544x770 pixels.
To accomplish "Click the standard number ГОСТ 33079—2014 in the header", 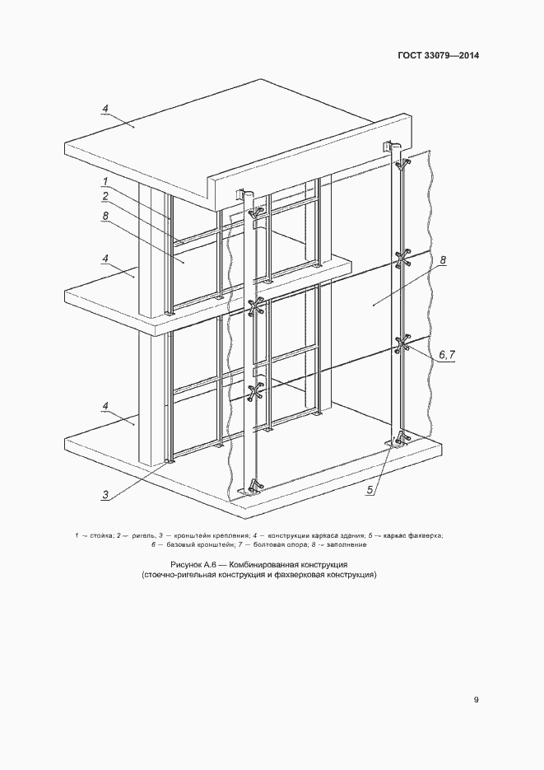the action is (438, 55).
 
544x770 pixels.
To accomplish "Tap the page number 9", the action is (476, 700).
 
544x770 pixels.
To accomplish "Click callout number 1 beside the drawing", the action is (105, 182).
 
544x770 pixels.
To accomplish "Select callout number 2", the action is (105, 197).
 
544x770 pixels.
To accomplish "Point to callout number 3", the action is (105, 495).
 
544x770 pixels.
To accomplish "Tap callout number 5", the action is (371, 489).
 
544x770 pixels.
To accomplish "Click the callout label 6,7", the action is (446, 355).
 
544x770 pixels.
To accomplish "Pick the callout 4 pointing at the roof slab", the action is (105, 109).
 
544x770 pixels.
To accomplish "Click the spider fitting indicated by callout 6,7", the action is (402, 343).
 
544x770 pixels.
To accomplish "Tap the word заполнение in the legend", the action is (350, 544).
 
